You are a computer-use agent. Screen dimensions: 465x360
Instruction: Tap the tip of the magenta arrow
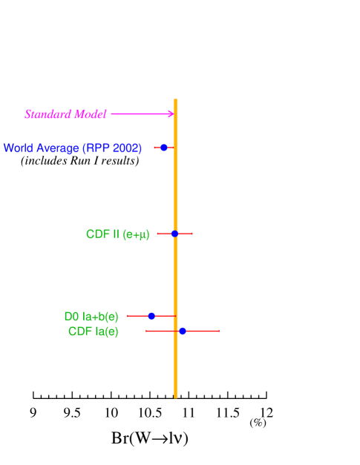pos(174,113)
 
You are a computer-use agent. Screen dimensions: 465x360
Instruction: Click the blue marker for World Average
pos(164,148)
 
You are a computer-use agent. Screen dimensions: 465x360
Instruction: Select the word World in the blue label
pos(19,148)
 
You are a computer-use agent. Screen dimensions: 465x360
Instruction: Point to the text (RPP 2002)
pos(112,148)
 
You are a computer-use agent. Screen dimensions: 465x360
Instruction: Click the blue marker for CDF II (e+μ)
pos(174,234)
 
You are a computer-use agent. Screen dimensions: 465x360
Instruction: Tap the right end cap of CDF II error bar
pos(192,234)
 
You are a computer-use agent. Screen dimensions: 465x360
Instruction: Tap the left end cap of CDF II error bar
pos(157,234)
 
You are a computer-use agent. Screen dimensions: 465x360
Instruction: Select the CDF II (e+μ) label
pos(117,234)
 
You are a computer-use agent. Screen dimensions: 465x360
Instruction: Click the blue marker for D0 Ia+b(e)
pos(151,316)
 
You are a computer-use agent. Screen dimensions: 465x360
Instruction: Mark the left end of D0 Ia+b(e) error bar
pos(127,316)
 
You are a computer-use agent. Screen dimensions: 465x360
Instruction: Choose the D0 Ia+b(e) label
pos(91,317)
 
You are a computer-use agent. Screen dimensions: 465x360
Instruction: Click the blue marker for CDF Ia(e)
pos(183,331)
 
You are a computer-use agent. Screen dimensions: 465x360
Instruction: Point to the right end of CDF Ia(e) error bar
pos(220,331)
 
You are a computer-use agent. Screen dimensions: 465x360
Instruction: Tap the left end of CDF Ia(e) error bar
pos(146,331)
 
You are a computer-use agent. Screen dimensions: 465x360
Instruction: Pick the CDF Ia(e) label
pos(93,332)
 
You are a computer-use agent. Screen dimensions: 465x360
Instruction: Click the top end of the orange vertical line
pos(175,99)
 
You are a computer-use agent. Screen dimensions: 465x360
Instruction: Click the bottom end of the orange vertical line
pos(175,398)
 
